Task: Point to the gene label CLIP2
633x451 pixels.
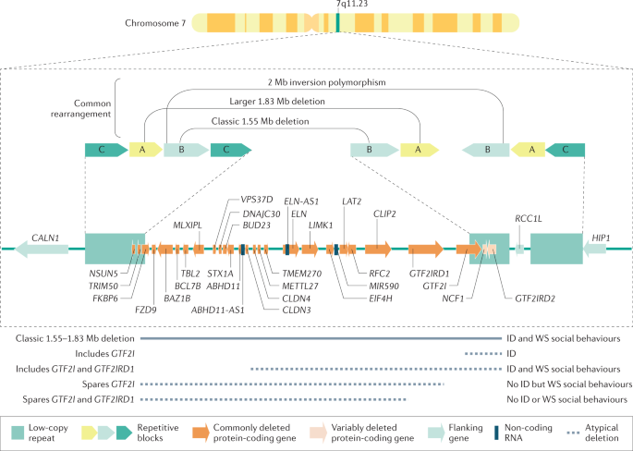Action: (x=384, y=213)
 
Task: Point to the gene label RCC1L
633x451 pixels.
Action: (x=527, y=219)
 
